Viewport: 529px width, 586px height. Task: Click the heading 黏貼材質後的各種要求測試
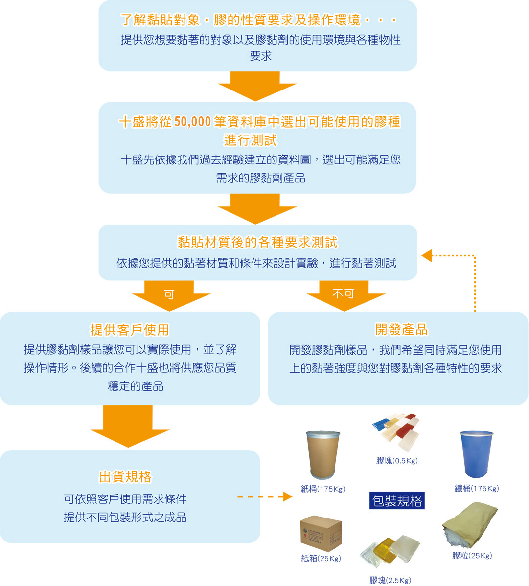click(257, 243)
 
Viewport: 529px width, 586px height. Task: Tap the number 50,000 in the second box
click(192, 122)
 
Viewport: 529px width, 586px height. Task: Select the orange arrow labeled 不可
click(345, 294)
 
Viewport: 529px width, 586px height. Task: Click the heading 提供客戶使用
click(130, 330)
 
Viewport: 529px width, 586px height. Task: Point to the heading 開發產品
click(401, 330)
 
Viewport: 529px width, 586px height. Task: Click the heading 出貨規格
click(125, 477)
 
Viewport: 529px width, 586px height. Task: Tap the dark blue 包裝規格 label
click(397, 501)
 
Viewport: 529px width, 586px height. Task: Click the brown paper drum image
click(322, 454)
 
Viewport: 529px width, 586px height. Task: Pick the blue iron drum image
click(476, 454)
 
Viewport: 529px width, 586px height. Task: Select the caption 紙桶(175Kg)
click(323, 489)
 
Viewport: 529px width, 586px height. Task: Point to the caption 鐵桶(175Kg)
click(477, 488)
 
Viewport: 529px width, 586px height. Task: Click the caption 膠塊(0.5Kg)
click(397, 460)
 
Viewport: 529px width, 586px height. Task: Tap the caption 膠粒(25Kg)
click(472, 556)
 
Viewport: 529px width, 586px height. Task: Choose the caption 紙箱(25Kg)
click(321, 558)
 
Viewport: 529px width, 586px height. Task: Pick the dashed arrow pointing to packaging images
click(264, 497)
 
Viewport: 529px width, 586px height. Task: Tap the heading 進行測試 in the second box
click(251, 140)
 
